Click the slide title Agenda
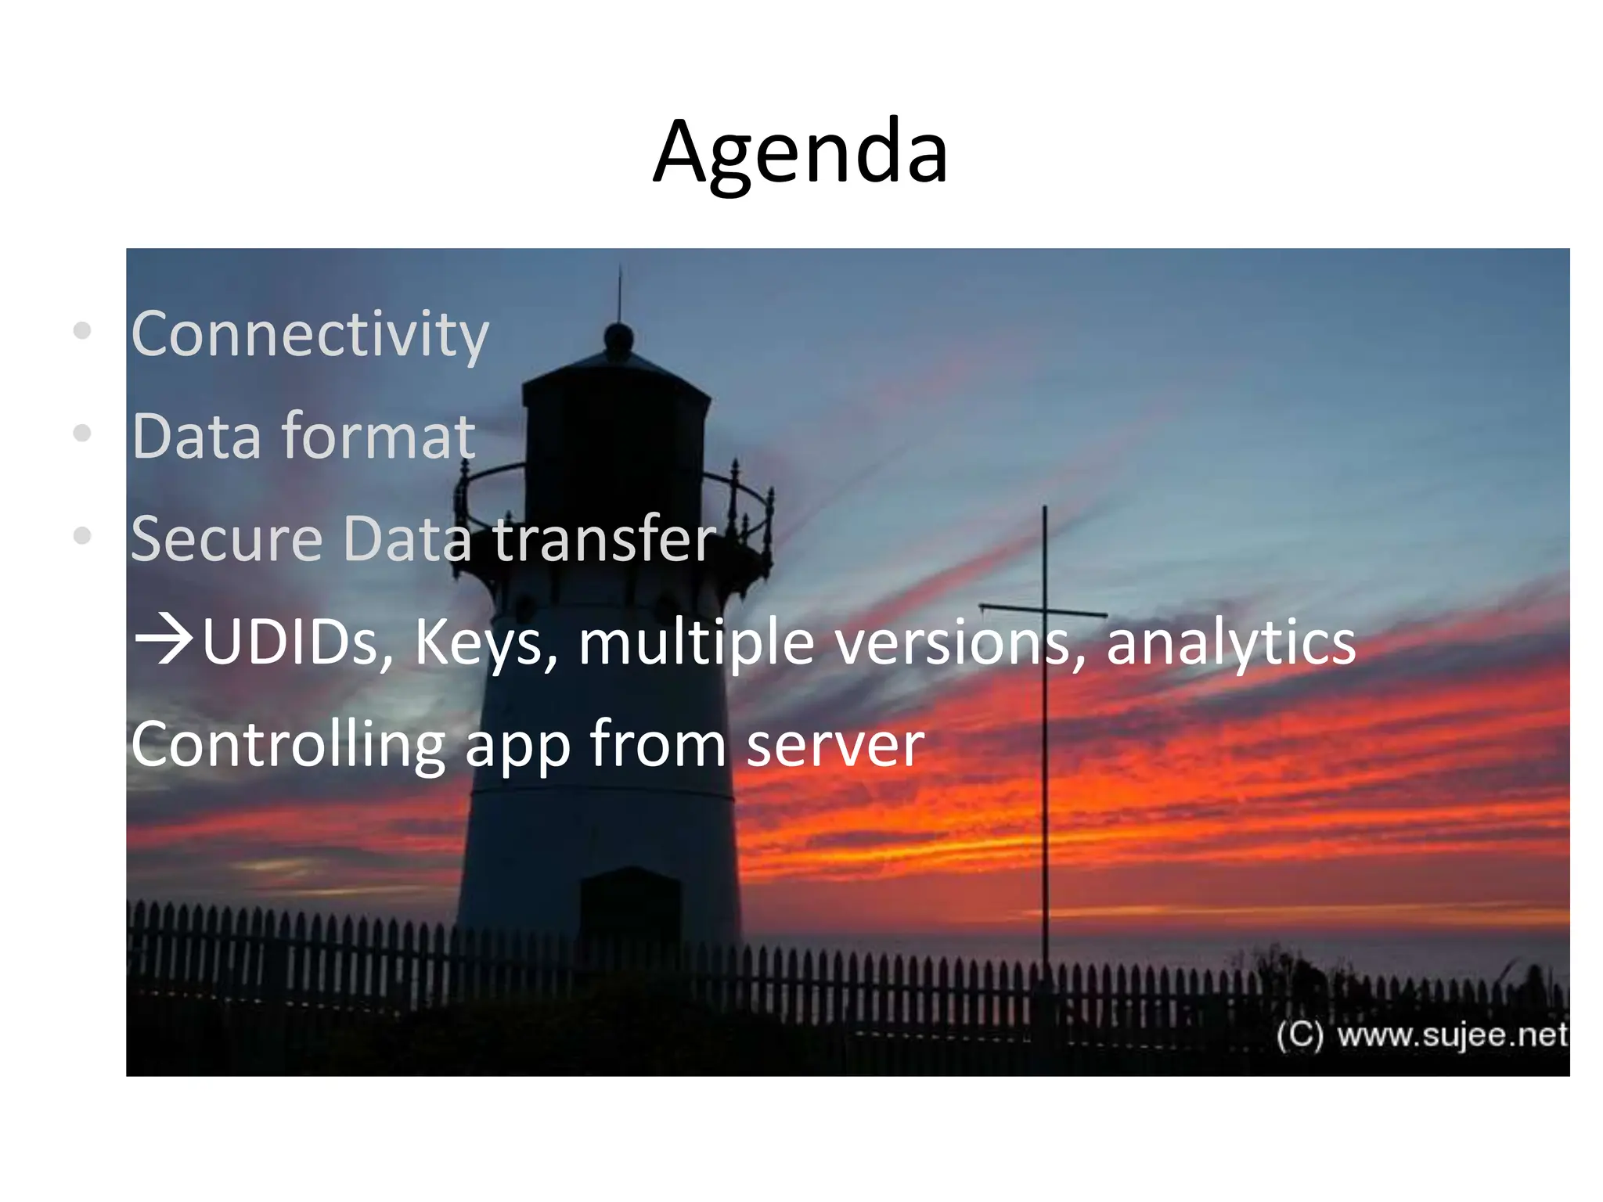pos(801,153)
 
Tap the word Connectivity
pos(310,335)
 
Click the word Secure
pos(226,539)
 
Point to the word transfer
pos(604,539)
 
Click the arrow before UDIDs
pos(164,640)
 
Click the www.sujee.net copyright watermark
pos(1421,1035)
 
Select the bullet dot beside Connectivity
pos(82,330)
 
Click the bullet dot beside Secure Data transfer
pos(82,536)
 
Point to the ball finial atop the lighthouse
pos(619,337)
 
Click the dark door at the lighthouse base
pos(630,908)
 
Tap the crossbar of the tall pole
pos(1043,610)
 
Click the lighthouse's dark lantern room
pos(616,438)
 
